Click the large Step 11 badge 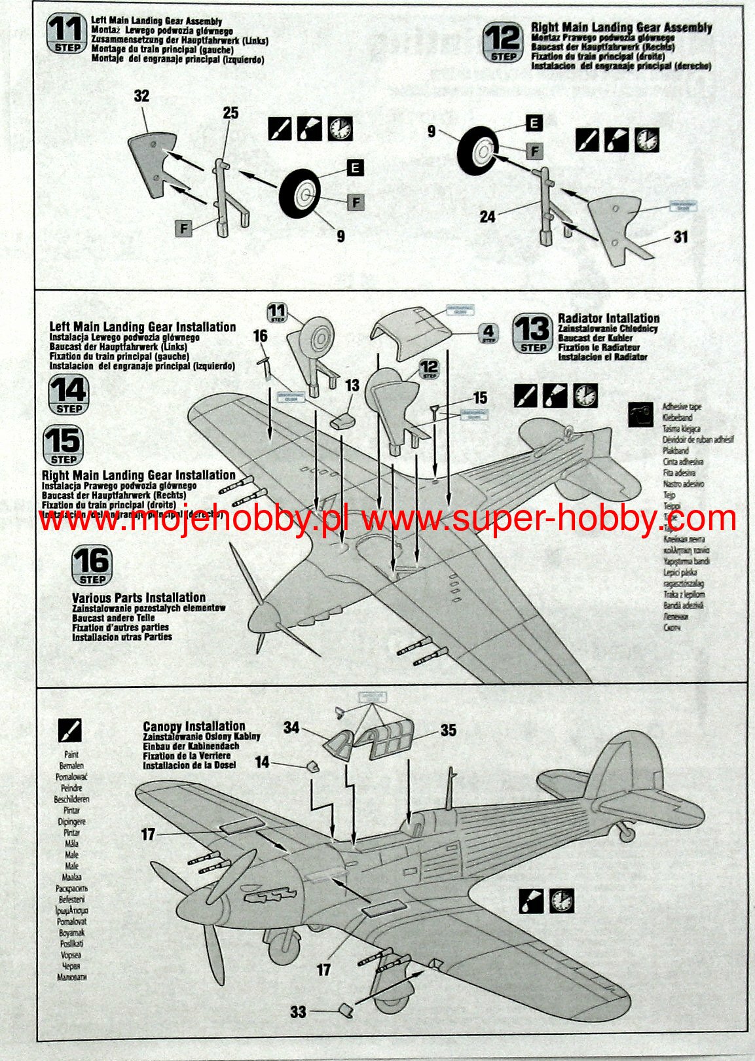(x=67, y=34)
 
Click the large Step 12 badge (x=503, y=43)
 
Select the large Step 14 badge (x=68, y=394)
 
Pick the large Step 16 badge (x=92, y=565)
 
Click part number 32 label (x=141, y=96)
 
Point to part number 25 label (x=230, y=113)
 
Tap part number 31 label (x=681, y=236)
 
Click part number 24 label (x=487, y=216)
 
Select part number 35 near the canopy (x=448, y=730)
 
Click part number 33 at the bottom (x=298, y=1012)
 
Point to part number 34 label (x=291, y=727)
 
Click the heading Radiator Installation (x=608, y=318)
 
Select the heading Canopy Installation (x=194, y=726)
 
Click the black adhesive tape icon (x=640, y=414)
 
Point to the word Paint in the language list (x=71, y=754)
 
